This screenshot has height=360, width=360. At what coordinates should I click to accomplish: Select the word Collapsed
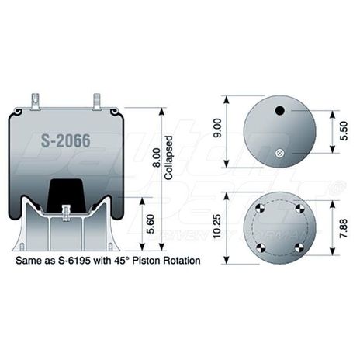click(168, 161)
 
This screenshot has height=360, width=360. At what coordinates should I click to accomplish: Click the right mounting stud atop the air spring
click(97, 101)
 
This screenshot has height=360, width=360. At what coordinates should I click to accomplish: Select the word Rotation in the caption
click(178, 261)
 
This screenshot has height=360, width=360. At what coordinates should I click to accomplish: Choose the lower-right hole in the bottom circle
click(299, 247)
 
